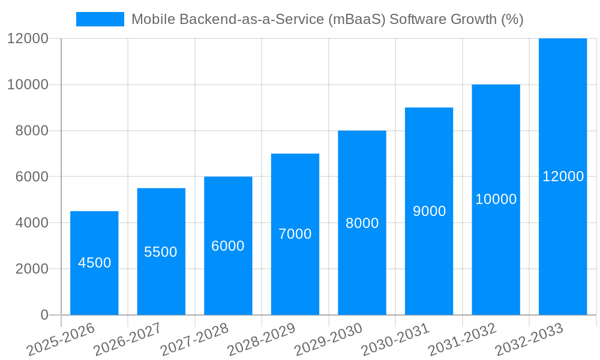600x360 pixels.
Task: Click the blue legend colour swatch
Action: [x=100, y=19]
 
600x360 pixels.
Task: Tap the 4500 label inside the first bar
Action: [x=94, y=263]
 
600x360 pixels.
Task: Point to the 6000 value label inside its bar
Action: [x=228, y=246]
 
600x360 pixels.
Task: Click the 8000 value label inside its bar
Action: [x=362, y=223]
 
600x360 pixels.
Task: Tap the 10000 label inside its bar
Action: [x=496, y=199]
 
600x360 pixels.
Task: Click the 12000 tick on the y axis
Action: [x=28, y=38]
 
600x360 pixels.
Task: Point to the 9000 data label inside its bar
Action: [x=429, y=211]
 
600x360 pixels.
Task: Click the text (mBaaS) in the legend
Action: [x=358, y=19]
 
